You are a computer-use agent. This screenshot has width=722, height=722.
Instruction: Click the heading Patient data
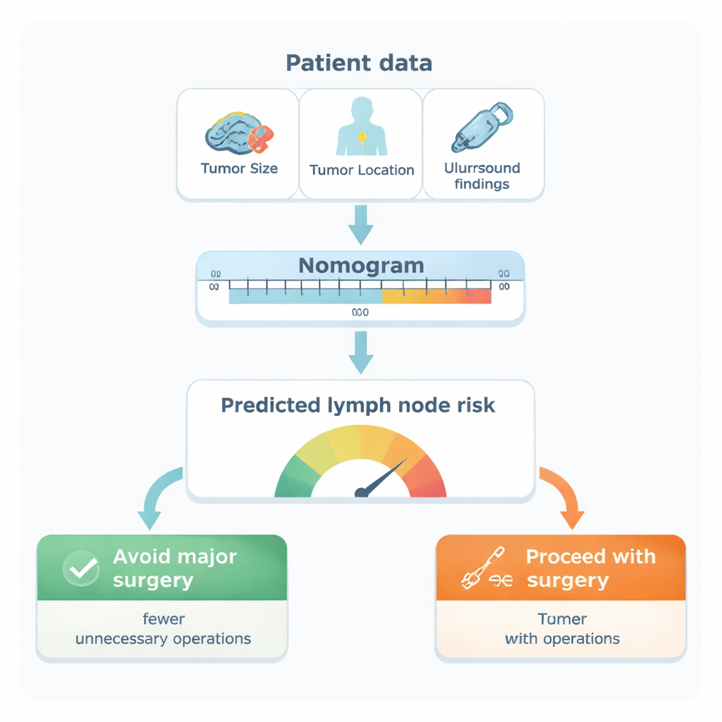point(360,63)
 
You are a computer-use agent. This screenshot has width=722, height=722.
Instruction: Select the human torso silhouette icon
point(362,127)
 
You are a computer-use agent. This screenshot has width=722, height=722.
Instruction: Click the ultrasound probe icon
point(483,127)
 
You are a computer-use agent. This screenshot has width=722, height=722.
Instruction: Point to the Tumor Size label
point(239,169)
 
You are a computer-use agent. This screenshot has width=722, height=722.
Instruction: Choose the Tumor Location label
point(362,170)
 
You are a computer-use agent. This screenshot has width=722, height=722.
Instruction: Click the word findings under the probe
point(482,185)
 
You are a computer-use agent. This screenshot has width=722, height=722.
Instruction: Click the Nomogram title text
point(361,265)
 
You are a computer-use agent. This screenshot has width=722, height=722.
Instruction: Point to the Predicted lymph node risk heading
point(358,405)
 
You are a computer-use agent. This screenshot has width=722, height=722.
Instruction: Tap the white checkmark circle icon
point(81,568)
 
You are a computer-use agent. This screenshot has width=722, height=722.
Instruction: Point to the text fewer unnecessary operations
point(163,630)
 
